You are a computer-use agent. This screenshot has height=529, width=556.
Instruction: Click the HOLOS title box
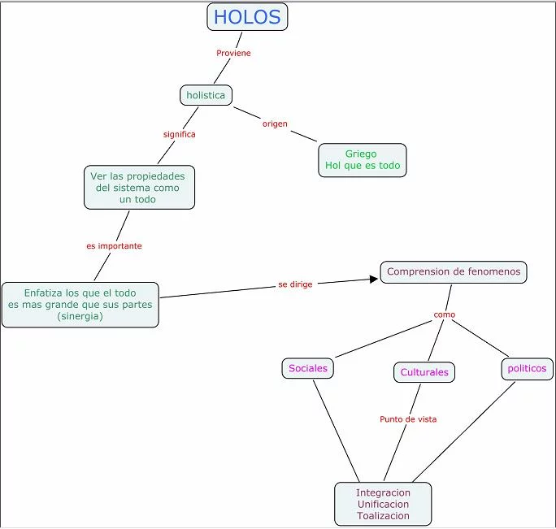[x=247, y=17]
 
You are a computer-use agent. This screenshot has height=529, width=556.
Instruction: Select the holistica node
[x=206, y=95]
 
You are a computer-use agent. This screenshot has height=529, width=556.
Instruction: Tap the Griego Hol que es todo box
[x=363, y=160]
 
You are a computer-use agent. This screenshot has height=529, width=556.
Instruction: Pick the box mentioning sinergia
[x=80, y=305]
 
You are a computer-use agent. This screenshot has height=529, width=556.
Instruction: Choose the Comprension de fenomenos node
[x=454, y=272]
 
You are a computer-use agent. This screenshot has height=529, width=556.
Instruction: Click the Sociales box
[x=308, y=368]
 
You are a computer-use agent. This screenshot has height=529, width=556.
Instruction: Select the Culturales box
[x=424, y=372]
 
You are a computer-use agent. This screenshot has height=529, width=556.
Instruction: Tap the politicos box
[x=527, y=369]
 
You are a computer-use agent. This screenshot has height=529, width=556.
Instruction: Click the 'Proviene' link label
[x=233, y=53]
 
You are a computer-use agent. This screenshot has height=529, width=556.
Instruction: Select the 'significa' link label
[x=179, y=134]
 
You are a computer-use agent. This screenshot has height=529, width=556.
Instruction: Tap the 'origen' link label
[x=275, y=124]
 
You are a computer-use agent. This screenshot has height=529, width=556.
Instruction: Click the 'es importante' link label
[x=114, y=245]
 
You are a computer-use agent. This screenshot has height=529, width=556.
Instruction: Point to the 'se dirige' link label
[x=295, y=284]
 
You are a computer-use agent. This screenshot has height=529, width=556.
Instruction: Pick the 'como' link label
[x=444, y=314]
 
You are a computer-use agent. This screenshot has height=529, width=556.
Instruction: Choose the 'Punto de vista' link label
[x=408, y=419]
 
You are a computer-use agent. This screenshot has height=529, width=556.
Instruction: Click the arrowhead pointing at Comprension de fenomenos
[x=374, y=279]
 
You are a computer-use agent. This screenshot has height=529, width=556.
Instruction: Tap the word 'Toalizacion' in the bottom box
[x=383, y=516]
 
